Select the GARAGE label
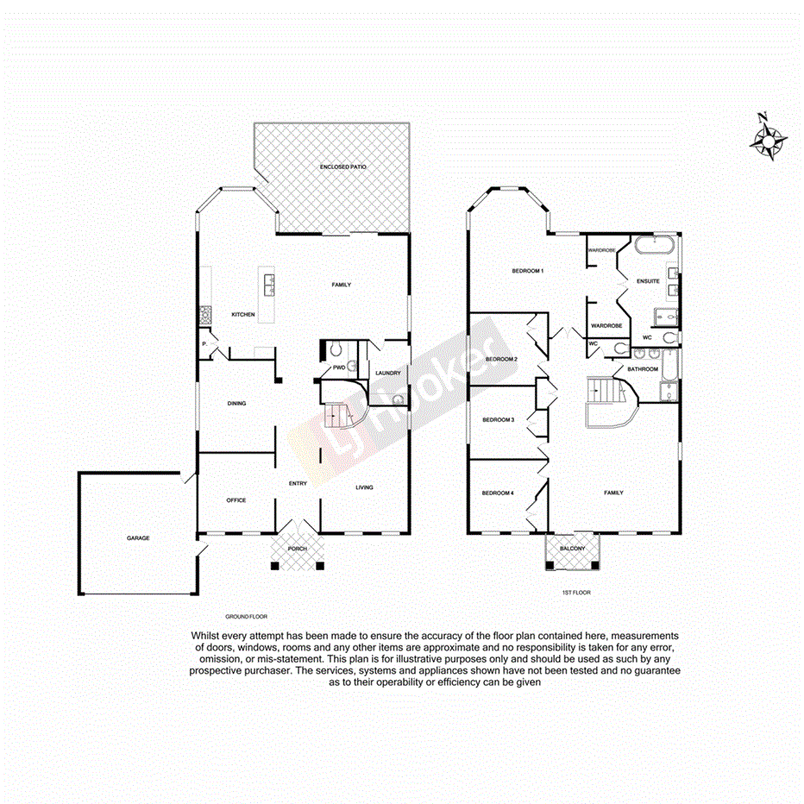pos(138,538)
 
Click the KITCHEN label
pos(242,315)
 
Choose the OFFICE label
pos(236,500)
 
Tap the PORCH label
pos(297,548)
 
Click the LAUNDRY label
pos(387,374)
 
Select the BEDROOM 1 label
pos(527,271)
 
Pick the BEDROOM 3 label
pos(498,420)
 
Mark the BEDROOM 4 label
pos(498,493)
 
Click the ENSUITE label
pos(648,281)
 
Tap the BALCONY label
pos(572,549)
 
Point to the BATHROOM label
pos(643,369)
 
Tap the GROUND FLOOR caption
pos(247,617)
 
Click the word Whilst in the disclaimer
pos(205,636)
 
